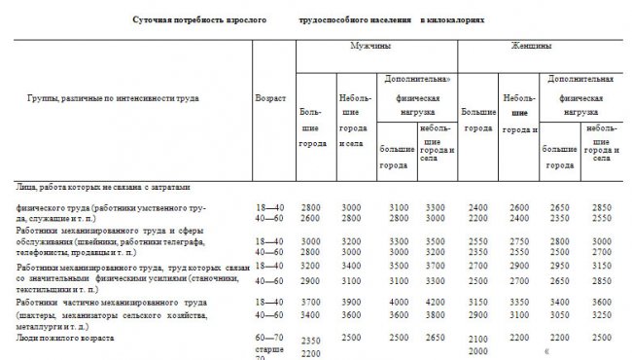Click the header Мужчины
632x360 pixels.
coord(366,47)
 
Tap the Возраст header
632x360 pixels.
coord(269,100)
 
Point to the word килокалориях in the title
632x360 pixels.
coord(452,19)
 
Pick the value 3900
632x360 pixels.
coord(350,303)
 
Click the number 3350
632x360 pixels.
coord(515,303)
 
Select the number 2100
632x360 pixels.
coord(476,337)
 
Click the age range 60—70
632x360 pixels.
coord(268,337)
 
